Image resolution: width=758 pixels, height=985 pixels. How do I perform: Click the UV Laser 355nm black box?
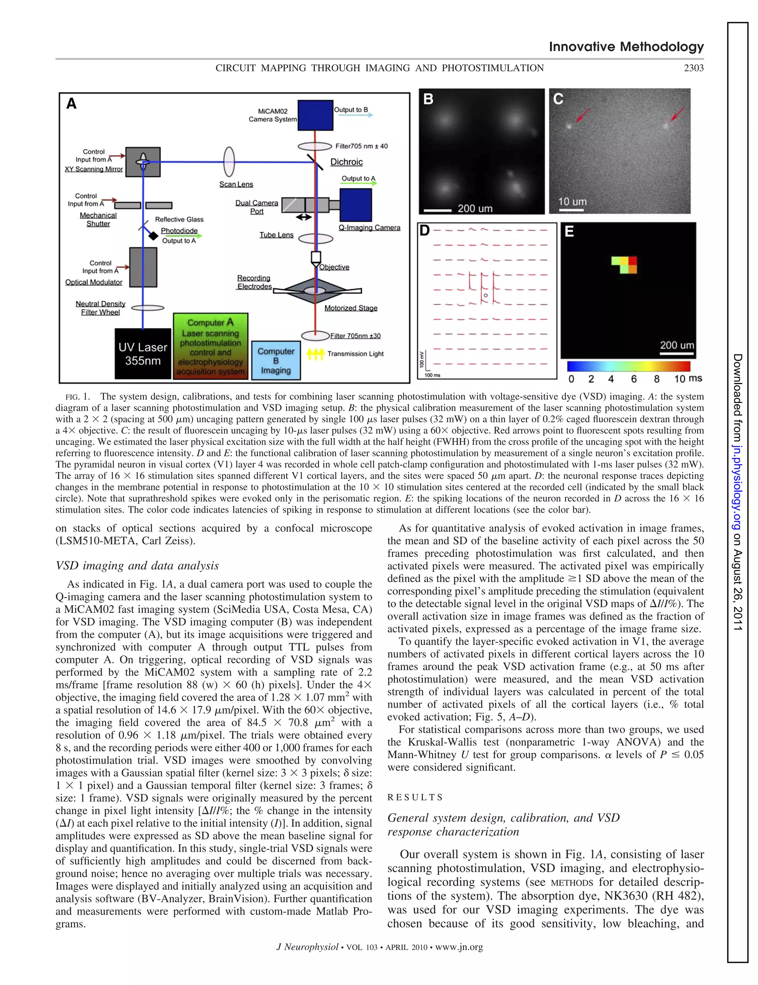click(x=143, y=354)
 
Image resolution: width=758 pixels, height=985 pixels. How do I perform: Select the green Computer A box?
click(x=211, y=346)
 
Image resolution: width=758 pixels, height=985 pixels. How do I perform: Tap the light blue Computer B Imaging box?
click(x=276, y=360)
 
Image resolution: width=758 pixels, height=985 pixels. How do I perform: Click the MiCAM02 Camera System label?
click(x=273, y=115)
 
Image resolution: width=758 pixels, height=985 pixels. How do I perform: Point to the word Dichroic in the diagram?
click(x=346, y=162)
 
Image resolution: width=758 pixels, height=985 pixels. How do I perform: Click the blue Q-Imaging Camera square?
click(x=356, y=205)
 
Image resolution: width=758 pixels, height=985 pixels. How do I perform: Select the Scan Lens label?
click(x=236, y=184)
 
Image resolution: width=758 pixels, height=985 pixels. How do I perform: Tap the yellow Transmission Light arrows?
click(x=315, y=354)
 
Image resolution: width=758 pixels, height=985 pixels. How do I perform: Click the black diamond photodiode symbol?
click(x=154, y=236)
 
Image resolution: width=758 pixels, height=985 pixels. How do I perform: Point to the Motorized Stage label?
click(x=351, y=308)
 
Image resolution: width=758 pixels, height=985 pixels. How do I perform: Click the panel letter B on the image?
click(x=428, y=99)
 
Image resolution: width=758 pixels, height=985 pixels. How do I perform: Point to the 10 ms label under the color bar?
click(x=688, y=378)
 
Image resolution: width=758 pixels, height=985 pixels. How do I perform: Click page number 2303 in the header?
click(x=694, y=68)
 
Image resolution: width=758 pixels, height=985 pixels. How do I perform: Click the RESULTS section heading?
click(x=415, y=797)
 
